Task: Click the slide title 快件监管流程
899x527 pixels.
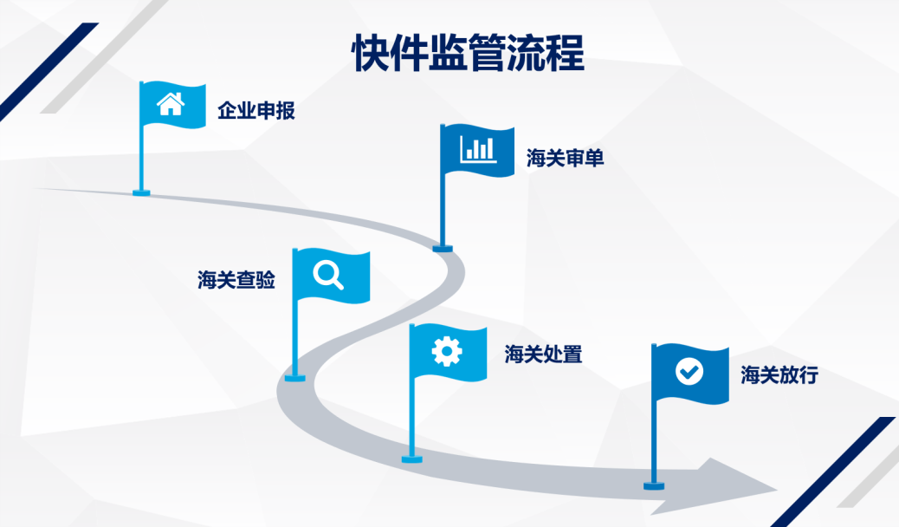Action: pos(468,53)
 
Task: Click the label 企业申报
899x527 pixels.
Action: pos(256,111)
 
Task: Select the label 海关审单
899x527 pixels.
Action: pos(566,158)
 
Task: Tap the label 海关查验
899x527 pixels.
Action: pos(236,279)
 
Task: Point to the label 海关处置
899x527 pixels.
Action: pos(543,354)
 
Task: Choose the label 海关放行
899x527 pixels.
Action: pos(779,375)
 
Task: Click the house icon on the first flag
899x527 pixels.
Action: pos(171,104)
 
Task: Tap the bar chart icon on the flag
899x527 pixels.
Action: pos(478,148)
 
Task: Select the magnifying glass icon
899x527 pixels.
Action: pos(328,275)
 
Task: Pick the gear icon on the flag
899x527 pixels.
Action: pos(447,350)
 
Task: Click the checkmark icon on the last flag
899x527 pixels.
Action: pos(689,372)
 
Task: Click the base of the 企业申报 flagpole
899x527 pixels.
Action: pos(141,192)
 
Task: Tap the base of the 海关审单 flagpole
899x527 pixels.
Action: pos(443,249)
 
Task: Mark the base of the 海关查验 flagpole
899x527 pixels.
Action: pos(295,377)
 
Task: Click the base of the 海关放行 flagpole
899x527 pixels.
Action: pos(654,485)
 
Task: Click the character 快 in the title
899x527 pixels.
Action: pos(367,53)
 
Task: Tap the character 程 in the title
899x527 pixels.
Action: pos(566,53)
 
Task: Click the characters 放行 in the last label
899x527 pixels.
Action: pos(799,375)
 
